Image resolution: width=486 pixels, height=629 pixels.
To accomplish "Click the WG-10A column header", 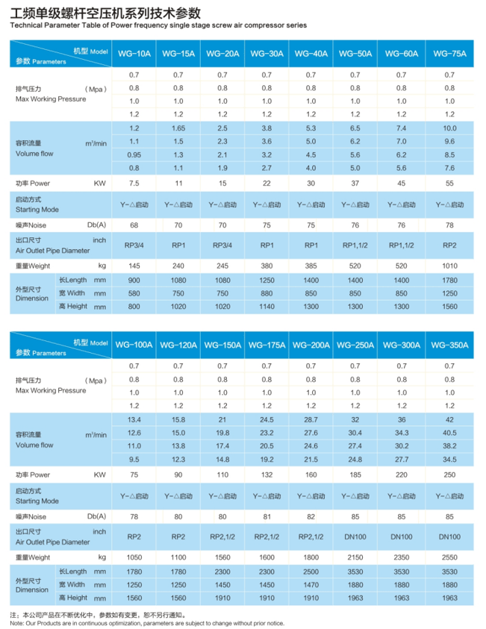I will (134, 54).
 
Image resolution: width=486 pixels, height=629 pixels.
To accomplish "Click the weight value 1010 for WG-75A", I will (449, 266).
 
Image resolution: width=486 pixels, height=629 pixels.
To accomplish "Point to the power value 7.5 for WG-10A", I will (134, 182).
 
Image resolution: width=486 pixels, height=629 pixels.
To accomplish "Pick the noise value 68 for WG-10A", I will (134, 224).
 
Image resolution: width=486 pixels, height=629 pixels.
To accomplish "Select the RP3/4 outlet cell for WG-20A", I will (222, 245).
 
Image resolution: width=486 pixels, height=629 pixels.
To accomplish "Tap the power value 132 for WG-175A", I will (266, 474).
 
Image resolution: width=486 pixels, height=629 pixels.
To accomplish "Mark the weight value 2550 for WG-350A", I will (449, 557).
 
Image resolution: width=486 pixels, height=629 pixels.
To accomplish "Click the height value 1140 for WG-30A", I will (267, 306).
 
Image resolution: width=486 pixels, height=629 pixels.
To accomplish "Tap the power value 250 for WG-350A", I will (449, 474).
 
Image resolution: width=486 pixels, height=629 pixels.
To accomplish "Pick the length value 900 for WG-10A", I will (134, 280).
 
